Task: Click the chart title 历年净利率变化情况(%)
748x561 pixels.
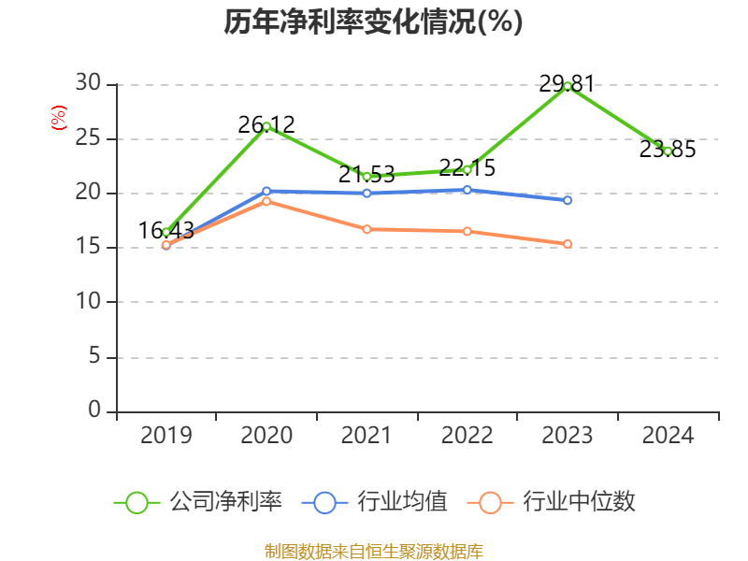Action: pyautogui.click(x=373, y=22)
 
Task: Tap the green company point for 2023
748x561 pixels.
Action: pyautogui.click(x=568, y=86)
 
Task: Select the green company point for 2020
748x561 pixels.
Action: pyautogui.click(x=266, y=126)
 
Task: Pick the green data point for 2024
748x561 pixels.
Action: pyautogui.click(x=668, y=151)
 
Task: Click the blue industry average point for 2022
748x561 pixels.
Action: pyautogui.click(x=467, y=190)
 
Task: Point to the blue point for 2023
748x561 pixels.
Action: pyautogui.click(x=568, y=200)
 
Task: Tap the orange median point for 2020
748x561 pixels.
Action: pyautogui.click(x=266, y=201)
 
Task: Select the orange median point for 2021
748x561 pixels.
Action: pyautogui.click(x=367, y=229)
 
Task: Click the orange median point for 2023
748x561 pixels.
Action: pyautogui.click(x=568, y=244)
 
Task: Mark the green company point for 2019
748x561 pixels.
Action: pyautogui.click(x=166, y=232)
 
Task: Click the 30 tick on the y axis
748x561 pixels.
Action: pyautogui.click(x=88, y=84)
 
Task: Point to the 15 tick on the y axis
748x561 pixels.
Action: pyautogui.click(x=88, y=248)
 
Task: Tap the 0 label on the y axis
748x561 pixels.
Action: pyautogui.click(x=93, y=410)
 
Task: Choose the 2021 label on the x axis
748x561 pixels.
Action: pyautogui.click(x=367, y=436)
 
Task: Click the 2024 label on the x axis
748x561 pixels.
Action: pyautogui.click(x=668, y=436)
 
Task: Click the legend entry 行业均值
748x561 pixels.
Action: pyautogui.click(x=375, y=502)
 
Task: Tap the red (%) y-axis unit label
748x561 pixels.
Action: pyautogui.click(x=59, y=119)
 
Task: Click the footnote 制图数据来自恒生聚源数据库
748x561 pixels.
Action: pyautogui.click(x=373, y=551)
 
